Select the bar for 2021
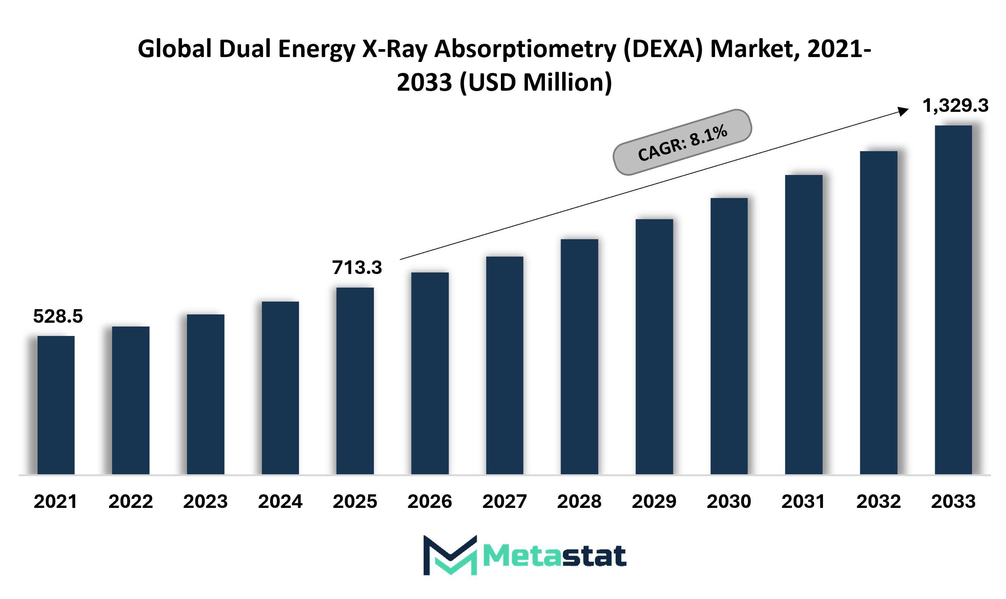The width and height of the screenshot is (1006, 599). [x=56, y=405]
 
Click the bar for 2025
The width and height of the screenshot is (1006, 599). [x=355, y=381]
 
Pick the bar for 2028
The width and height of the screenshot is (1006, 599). [x=579, y=356]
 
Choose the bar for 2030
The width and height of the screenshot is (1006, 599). [x=729, y=336]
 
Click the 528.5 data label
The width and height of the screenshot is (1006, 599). [x=58, y=316]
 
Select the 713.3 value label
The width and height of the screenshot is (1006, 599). [x=357, y=267]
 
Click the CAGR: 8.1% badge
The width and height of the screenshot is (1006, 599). [x=683, y=142]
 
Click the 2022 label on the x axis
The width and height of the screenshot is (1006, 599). [x=131, y=501]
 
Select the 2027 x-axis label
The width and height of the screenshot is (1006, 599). [x=505, y=501]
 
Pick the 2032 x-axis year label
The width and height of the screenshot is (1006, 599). [x=879, y=501]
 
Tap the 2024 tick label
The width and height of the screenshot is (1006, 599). [x=280, y=501]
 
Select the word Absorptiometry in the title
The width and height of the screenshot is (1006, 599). [x=525, y=49]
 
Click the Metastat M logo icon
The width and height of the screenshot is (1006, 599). [x=450, y=555]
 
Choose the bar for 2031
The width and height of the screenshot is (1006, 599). [x=804, y=324]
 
